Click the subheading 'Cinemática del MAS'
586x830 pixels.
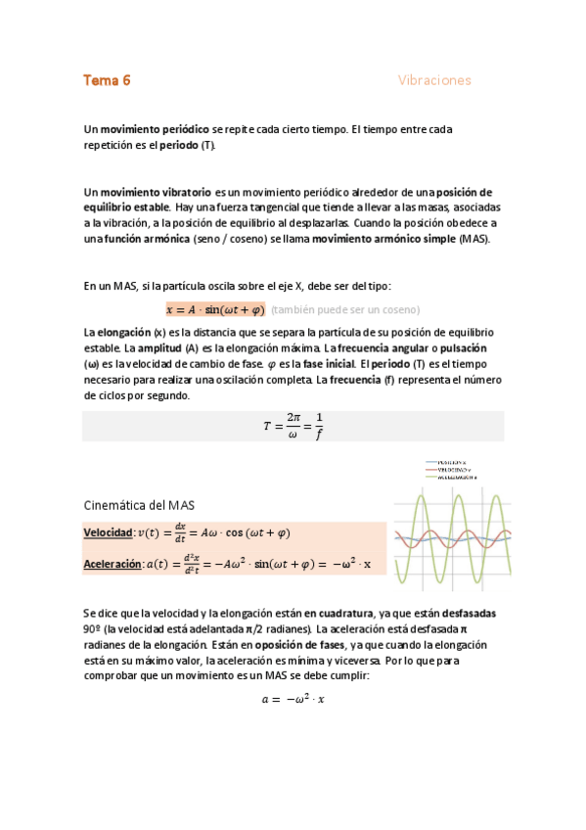[x=139, y=505]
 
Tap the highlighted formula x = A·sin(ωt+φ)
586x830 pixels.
[x=215, y=310]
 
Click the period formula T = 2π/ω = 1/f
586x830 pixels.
[x=293, y=426]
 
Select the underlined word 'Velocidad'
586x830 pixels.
[x=107, y=532]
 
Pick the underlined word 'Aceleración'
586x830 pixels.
[x=112, y=564]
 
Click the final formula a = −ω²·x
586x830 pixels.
[x=293, y=699]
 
